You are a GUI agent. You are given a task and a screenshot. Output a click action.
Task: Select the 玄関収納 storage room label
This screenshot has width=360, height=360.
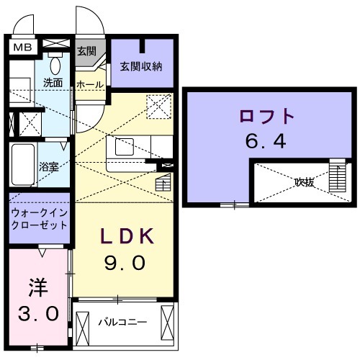click(142, 67)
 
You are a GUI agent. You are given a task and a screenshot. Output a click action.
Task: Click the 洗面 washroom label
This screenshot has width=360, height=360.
click(53, 83)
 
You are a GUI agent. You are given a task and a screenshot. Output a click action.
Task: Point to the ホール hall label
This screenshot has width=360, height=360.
click(90, 84)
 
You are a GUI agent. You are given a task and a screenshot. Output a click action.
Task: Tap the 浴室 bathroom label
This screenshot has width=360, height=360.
click(49, 166)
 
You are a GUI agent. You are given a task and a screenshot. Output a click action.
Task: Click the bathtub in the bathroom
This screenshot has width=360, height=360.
click(24, 164)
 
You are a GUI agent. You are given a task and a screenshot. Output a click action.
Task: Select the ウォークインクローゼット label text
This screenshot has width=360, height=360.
click(40, 218)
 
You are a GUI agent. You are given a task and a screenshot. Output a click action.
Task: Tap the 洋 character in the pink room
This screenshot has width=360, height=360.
click(37, 287)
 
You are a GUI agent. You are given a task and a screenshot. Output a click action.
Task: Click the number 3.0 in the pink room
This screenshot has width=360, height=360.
click(37, 314)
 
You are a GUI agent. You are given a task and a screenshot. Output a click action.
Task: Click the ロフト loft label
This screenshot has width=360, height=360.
click(266, 115)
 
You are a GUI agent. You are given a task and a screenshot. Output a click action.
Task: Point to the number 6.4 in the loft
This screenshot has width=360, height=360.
click(266, 140)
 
